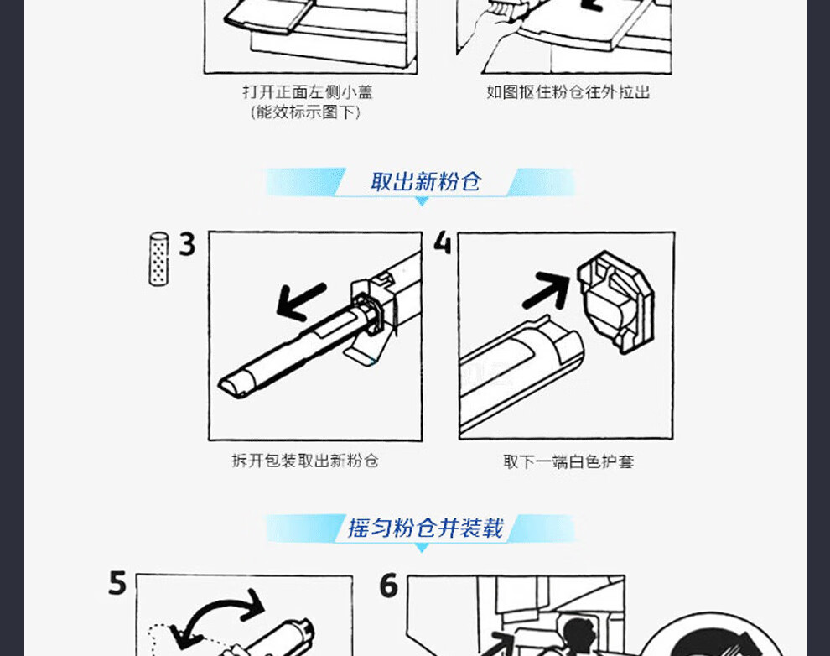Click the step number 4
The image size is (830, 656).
tap(442, 242)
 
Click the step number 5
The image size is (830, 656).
tap(117, 583)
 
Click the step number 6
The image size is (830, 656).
tap(388, 586)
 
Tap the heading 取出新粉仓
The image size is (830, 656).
tap(426, 181)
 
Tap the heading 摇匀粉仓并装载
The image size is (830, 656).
tap(426, 528)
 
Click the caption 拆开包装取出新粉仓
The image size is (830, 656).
tap(305, 461)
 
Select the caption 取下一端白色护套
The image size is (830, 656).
tap(568, 461)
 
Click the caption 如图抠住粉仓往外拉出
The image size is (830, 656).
tap(568, 92)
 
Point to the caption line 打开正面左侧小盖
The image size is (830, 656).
tap(308, 92)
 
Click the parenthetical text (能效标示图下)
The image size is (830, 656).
tap(306, 112)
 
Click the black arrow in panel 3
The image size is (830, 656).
tap(301, 301)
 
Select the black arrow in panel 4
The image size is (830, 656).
tap(547, 290)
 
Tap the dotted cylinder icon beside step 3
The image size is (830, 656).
tap(158, 259)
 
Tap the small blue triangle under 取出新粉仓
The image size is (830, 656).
tap(422, 201)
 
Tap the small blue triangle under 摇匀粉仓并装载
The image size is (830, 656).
tap(422, 548)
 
